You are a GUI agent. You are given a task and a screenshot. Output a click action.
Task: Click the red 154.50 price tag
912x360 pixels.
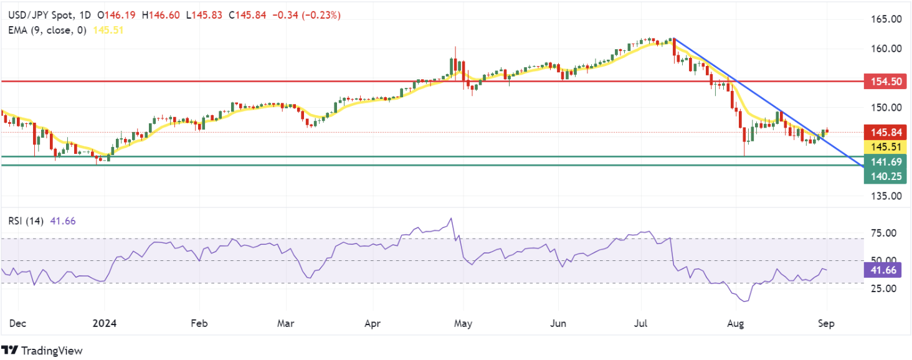tap(885, 82)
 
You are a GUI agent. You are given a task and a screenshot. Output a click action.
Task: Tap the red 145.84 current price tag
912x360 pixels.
tap(885, 132)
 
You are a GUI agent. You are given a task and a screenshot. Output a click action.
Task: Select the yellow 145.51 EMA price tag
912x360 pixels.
tap(885, 147)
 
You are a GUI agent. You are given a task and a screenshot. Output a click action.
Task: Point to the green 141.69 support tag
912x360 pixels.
tap(885, 162)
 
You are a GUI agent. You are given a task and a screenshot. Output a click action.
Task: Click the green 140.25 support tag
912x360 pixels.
tap(885, 176)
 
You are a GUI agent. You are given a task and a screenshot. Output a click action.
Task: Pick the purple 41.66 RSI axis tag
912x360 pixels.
tap(883, 270)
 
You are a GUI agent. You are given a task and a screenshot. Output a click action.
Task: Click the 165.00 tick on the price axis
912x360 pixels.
tap(886, 19)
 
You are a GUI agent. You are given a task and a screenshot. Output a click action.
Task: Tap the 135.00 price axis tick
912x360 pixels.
tap(886, 196)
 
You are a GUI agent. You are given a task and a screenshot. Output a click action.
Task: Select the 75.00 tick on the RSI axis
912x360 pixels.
tap(883, 233)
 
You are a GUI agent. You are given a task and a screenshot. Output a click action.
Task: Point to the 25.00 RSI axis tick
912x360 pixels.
tap(883, 289)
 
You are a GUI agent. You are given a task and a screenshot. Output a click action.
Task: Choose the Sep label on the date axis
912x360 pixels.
tap(826, 323)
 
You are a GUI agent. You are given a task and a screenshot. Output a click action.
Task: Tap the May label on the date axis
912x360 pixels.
tap(463, 323)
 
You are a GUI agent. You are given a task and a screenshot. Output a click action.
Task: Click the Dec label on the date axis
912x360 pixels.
tap(17, 323)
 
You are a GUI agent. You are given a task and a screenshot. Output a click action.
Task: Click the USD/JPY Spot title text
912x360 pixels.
tap(40, 16)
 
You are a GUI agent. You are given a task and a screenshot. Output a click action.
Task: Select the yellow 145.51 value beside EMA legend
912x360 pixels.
tap(108, 30)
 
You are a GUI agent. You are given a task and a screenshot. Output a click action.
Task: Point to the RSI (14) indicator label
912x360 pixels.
tap(26, 221)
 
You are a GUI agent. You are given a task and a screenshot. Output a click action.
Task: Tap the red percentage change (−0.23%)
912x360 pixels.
tap(321, 16)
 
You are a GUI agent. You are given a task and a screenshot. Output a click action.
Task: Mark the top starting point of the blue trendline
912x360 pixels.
tap(674, 38)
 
